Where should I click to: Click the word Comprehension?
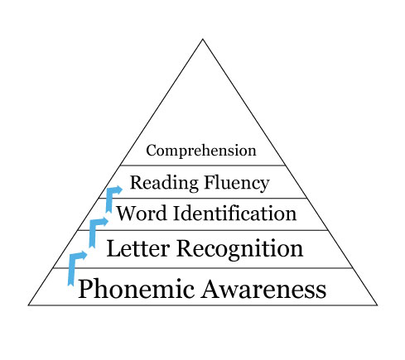[201, 151]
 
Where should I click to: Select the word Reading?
[164, 183]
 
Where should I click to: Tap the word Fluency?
[237, 183]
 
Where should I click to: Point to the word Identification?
[234, 214]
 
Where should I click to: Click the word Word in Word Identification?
[142, 214]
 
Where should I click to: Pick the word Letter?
[137, 248]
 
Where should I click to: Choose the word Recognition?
[239, 249]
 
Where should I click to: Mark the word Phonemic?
[137, 288]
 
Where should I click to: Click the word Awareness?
[263, 289]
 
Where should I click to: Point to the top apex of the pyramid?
[203, 39]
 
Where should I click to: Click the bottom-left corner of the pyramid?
[28, 305]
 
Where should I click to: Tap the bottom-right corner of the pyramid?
[377, 305]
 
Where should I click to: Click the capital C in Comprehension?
[152, 151]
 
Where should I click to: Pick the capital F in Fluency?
[210, 182]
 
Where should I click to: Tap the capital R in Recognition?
[186, 248]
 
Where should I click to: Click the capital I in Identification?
[177, 214]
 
